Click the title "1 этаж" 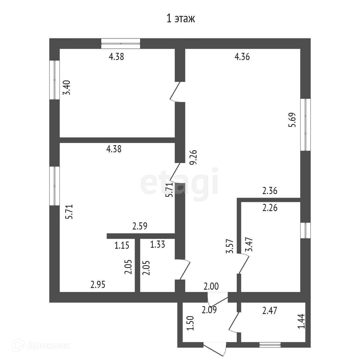[x=181, y=19]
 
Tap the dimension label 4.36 [x=242, y=57]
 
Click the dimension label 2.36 [x=270, y=191]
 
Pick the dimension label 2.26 [x=270, y=208]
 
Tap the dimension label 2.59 [x=140, y=226]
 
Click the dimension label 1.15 [x=122, y=245]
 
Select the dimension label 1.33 [x=158, y=244]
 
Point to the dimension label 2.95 [x=98, y=285]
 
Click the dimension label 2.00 [x=211, y=286]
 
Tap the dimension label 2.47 [x=270, y=310]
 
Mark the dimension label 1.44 [x=301, y=321]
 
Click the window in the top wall [x=121, y=44]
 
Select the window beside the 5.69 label [x=305, y=124]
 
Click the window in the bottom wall [x=270, y=345]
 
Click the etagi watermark [x=179, y=181]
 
